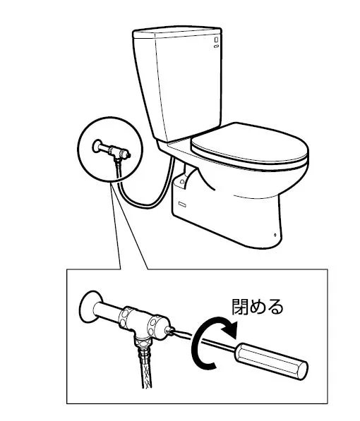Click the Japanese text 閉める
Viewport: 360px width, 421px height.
point(258,307)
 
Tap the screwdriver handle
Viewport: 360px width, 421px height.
point(271,361)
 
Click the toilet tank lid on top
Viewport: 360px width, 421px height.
point(177,32)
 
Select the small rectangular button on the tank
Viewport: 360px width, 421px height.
point(216,39)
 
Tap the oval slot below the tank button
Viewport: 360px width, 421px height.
point(216,47)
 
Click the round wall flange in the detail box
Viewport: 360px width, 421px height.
point(91,307)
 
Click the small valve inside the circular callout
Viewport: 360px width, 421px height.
point(112,151)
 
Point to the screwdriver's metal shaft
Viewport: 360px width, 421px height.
point(204,340)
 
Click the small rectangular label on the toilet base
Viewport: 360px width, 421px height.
point(182,205)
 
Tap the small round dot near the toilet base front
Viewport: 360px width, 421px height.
point(275,235)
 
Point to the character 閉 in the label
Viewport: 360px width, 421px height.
point(241,307)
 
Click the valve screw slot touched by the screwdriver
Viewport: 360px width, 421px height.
point(169,330)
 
